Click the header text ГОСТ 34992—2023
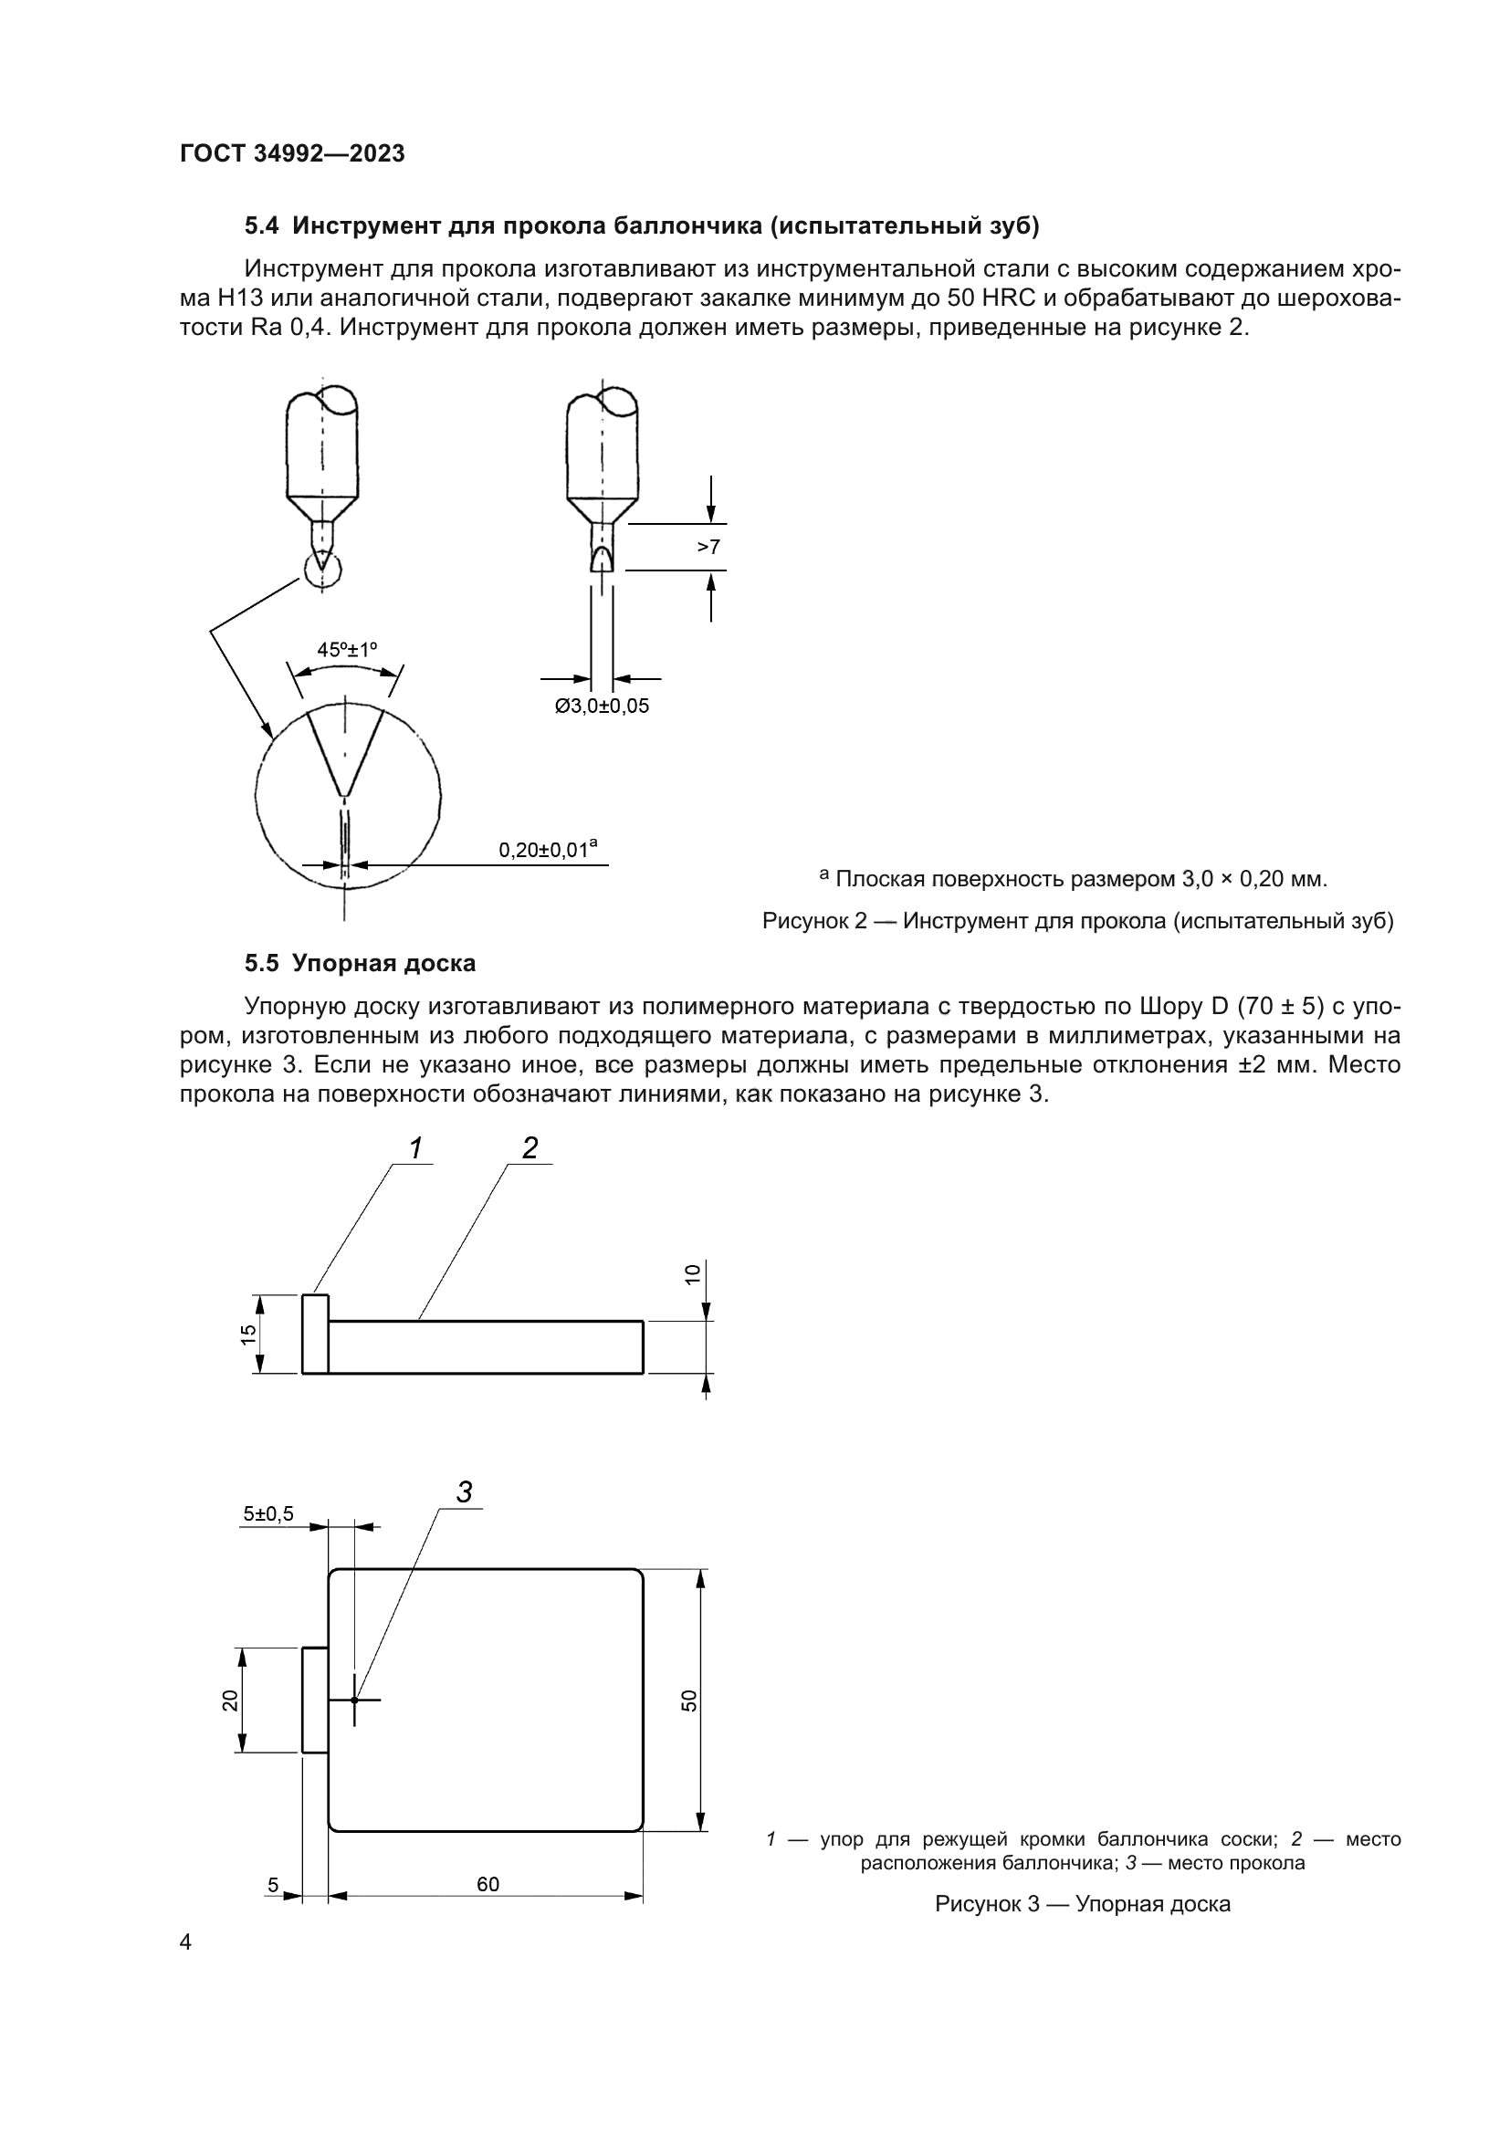(x=292, y=153)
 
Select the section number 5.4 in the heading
(x=261, y=226)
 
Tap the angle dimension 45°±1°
(x=348, y=649)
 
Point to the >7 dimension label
(x=708, y=547)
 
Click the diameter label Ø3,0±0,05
(x=602, y=706)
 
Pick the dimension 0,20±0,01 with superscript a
(x=548, y=848)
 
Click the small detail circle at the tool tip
(x=321, y=568)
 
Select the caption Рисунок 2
(x=1076, y=921)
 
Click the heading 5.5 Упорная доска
(x=360, y=962)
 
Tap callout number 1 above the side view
(x=415, y=1148)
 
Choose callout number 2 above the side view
(x=530, y=1148)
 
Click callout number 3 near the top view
(x=464, y=1491)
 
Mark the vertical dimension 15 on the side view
(x=248, y=1334)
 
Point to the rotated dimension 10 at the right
(x=692, y=1274)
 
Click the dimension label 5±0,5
(x=267, y=1513)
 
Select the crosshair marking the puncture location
(x=354, y=1700)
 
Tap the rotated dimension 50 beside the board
(x=689, y=1701)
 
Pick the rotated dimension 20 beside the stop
(x=230, y=1700)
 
